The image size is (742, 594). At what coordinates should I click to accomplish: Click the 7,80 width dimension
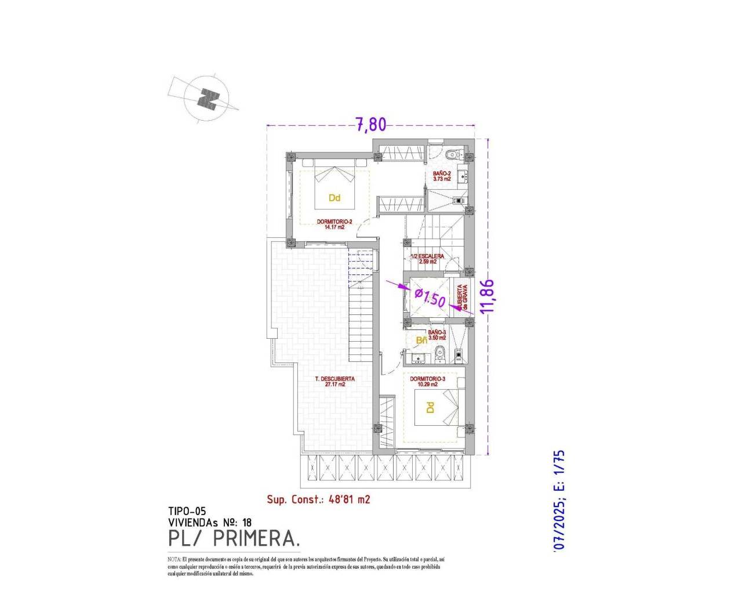point(370,125)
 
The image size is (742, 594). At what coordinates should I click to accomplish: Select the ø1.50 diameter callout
point(430,298)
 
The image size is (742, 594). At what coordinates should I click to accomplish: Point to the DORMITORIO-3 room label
point(427,381)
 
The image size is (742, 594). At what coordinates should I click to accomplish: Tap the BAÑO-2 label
point(442,176)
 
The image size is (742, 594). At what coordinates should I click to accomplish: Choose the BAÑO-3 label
point(437,335)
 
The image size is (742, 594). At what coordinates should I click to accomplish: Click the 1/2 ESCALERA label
point(428,259)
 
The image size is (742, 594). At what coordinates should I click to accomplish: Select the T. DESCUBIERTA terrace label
point(334,381)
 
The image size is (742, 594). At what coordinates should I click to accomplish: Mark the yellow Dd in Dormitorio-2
point(334,198)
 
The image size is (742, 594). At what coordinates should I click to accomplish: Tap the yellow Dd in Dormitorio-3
point(430,408)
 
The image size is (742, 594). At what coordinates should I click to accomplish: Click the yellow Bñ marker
point(421,340)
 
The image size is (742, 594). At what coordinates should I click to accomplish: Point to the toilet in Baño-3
point(440,352)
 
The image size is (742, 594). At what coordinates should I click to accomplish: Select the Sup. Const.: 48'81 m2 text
point(318,499)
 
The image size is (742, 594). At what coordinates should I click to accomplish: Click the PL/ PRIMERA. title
point(234,538)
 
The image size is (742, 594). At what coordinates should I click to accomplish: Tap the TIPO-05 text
point(187,511)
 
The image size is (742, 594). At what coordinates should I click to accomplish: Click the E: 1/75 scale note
point(559,470)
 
